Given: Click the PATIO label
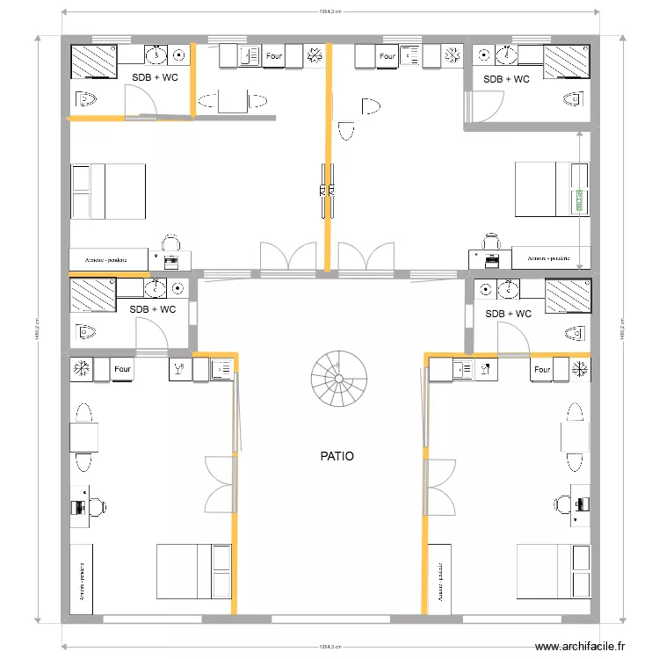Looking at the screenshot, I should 337,457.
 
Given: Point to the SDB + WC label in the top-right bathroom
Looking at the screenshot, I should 507,79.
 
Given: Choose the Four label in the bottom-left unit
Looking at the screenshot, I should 123,370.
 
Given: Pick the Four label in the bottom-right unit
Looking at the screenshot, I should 542,370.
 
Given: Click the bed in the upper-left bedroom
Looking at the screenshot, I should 108,192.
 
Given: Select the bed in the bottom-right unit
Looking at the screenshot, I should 554,571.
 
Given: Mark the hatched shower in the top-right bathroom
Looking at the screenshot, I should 567,63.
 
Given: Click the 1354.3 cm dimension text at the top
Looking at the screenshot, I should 329,12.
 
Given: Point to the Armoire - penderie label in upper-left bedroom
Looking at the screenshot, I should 107,260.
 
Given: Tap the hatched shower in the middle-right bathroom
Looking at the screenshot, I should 568,296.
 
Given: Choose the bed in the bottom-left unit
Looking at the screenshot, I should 193,571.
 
